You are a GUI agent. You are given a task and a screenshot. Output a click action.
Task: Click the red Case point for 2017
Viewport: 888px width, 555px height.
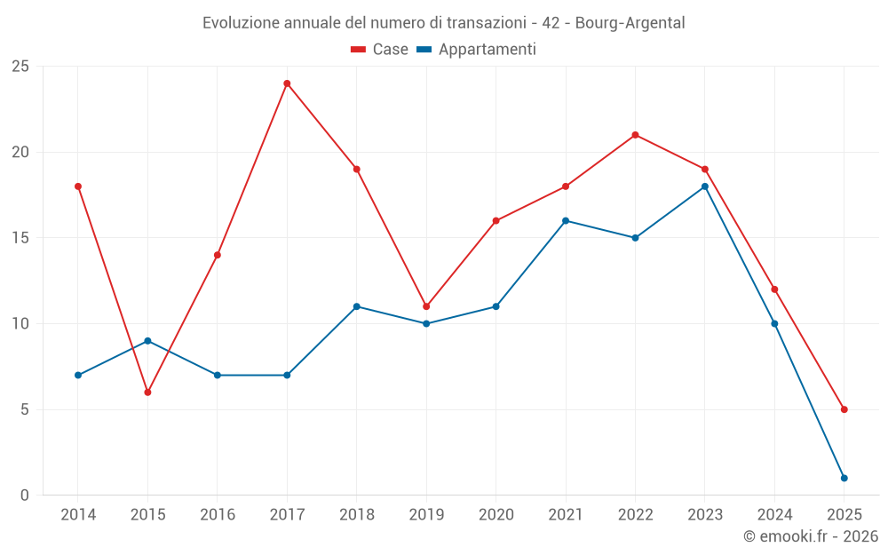[287, 83]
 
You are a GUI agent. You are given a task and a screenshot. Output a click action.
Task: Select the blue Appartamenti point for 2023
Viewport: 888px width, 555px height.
[705, 186]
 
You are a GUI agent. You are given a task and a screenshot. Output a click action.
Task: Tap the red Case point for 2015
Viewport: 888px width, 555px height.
[147, 392]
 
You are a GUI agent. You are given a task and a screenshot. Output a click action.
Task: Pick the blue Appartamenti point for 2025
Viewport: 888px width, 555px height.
[844, 479]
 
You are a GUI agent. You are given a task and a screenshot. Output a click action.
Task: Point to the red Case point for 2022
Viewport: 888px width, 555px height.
[635, 135]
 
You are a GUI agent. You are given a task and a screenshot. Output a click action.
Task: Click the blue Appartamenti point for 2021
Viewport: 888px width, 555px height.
[566, 221]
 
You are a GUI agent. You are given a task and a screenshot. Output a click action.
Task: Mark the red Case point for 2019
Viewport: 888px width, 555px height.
[426, 306]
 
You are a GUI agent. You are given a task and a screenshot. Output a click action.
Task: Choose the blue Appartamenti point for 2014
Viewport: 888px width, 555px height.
[78, 376]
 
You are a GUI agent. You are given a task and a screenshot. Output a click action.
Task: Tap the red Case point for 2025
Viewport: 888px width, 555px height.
[844, 409]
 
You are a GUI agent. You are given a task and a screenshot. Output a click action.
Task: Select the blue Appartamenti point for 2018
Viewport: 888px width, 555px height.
[356, 306]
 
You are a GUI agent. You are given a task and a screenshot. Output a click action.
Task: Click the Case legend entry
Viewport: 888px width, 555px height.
[380, 50]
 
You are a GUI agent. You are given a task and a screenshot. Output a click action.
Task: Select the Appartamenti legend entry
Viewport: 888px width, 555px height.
[477, 50]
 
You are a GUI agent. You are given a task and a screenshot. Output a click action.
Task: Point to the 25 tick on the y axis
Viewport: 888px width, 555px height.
[20, 67]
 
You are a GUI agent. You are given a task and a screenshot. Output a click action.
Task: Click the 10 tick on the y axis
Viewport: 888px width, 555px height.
[20, 324]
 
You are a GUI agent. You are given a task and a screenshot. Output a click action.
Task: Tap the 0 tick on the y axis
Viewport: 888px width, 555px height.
[24, 496]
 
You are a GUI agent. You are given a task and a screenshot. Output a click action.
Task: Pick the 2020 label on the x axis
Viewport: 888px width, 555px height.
[496, 515]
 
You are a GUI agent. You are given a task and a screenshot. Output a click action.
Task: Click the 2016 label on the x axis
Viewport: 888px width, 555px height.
[218, 515]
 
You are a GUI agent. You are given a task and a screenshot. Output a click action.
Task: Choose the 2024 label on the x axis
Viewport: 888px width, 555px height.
[774, 515]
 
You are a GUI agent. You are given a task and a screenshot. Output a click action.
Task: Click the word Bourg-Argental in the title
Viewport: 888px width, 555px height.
[630, 23]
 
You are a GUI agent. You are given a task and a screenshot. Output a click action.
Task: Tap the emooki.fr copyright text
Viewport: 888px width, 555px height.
[811, 536]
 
